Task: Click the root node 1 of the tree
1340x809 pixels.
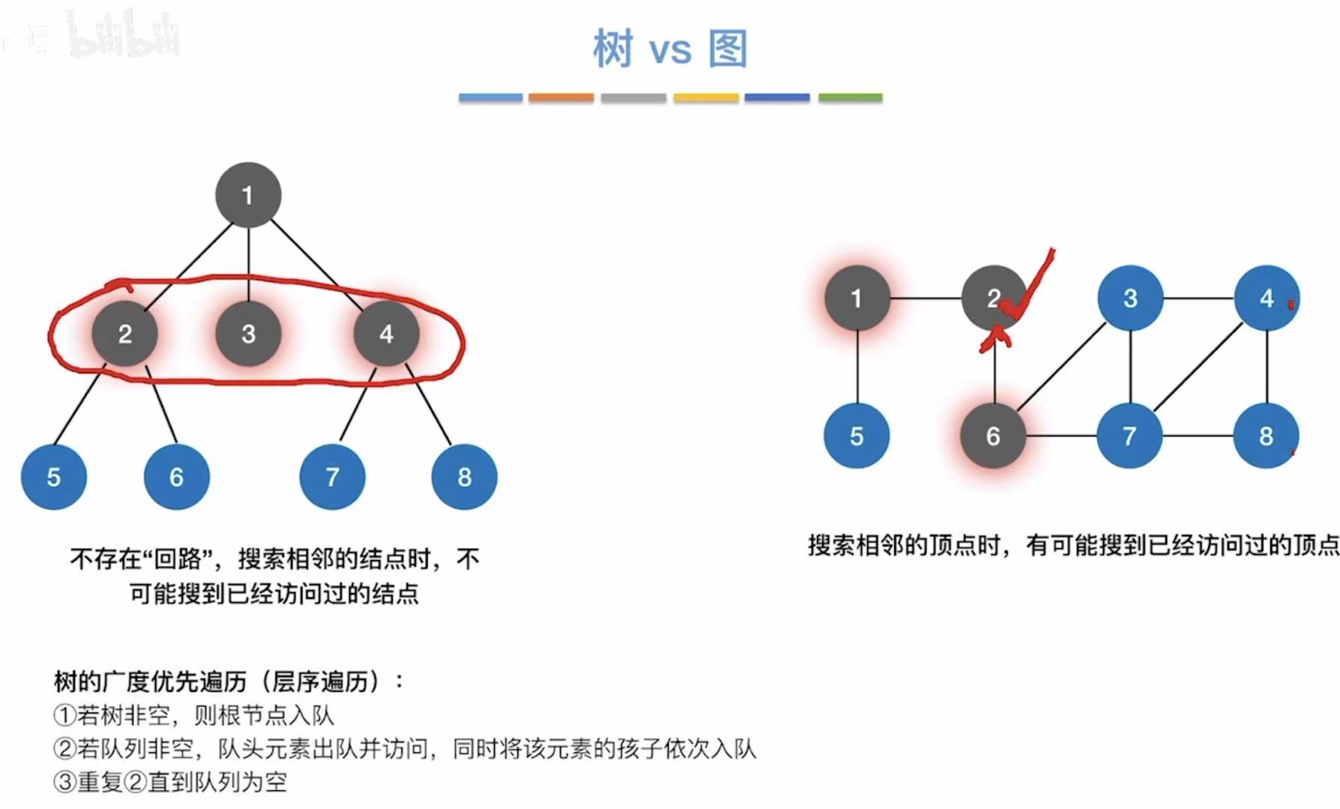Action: [x=248, y=195]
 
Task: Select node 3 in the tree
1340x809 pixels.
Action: [x=248, y=334]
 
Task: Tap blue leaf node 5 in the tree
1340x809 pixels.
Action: [x=53, y=477]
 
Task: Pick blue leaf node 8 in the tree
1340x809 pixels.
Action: [x=464, y=477]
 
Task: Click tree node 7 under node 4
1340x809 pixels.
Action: [x=332, y=477]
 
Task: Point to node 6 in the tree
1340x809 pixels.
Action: [x=176, y=477]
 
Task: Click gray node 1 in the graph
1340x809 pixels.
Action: [x=857, y=298]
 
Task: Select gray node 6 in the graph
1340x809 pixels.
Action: [x=993, y=436]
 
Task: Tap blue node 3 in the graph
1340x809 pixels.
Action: [x=1130, y=298]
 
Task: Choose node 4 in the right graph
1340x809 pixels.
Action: [x=1267, y=298]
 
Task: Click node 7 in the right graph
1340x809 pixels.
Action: [x=1129, y=436]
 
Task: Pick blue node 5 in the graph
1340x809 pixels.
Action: [x=857, y=436]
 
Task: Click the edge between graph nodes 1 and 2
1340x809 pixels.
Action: [x=926, y=298]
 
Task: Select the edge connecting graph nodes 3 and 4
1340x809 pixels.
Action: [x=1198, y=298]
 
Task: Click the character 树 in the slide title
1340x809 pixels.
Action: [x=613, y=49]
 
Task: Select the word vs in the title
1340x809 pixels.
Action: [x=670, y=51]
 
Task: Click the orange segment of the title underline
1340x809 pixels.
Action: [x=561, y=97]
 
